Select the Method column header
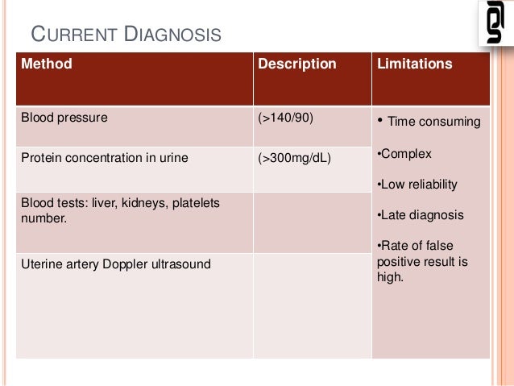click(46, 64)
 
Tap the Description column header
click(296, 64)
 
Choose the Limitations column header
click(414, 64)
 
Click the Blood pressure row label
click(64, 118)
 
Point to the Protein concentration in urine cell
click(104, 158)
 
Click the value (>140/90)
click(285, 118)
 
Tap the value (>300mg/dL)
click(294, 158)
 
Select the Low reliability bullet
click(418, 185)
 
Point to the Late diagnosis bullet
click(421, 215)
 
